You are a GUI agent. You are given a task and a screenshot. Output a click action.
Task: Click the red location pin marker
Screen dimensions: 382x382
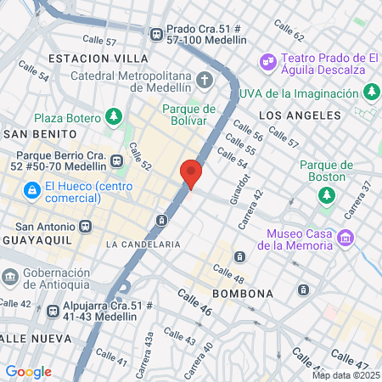click(x=191, y=172)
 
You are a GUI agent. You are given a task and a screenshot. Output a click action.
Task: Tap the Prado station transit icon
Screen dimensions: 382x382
click(x=156, y=34)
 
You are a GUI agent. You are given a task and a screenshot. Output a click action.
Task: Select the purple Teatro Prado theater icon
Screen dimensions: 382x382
click(x=268, y=62)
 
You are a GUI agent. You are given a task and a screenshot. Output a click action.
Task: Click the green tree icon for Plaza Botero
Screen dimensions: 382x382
click(x=114, y=116)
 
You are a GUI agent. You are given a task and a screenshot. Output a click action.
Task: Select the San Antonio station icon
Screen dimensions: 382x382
click(x=85, y=227)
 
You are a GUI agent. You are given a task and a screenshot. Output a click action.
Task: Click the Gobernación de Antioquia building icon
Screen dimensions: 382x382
click(x=10, y=278)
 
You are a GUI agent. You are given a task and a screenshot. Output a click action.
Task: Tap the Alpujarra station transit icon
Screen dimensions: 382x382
click(x=53, y=312)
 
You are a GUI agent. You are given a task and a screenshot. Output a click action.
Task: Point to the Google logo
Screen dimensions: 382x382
click(x=28, y=371)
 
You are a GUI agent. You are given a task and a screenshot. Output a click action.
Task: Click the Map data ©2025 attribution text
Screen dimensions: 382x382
click(x=345, y=375)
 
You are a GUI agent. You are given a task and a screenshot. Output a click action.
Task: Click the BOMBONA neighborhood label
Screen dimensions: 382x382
click(x=242, y=294)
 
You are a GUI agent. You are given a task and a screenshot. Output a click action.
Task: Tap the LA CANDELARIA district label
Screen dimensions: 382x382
click(x=143, y=244)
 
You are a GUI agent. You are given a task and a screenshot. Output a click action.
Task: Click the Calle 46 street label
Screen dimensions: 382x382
click(x=194, y=303)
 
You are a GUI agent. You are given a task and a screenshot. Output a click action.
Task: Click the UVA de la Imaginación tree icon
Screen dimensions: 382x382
click(x=371, y=92)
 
